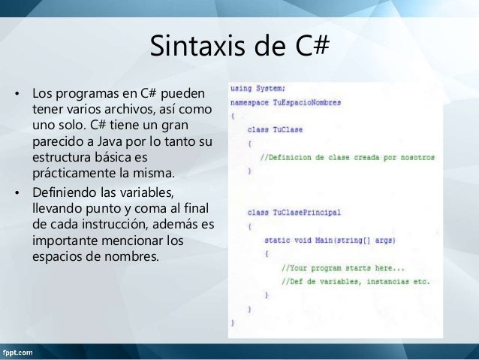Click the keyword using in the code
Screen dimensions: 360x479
(241, 88)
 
